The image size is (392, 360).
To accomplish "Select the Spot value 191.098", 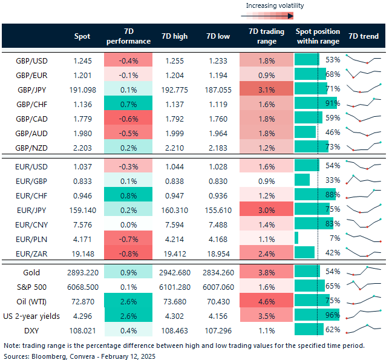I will [82, 90].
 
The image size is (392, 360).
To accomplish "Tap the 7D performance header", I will [128, 36].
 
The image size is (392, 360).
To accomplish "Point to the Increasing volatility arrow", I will [274, 16].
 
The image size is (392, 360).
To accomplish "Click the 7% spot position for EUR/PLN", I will [333, 238].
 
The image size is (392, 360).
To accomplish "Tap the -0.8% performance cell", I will [128, 252].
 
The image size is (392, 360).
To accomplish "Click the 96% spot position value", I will [332, 315].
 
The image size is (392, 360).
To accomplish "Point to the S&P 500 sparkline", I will [364, 286].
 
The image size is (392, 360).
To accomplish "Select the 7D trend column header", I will [364, 36].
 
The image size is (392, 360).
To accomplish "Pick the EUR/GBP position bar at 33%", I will [302, 180].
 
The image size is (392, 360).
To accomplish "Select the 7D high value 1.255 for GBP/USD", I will [176, 61].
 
